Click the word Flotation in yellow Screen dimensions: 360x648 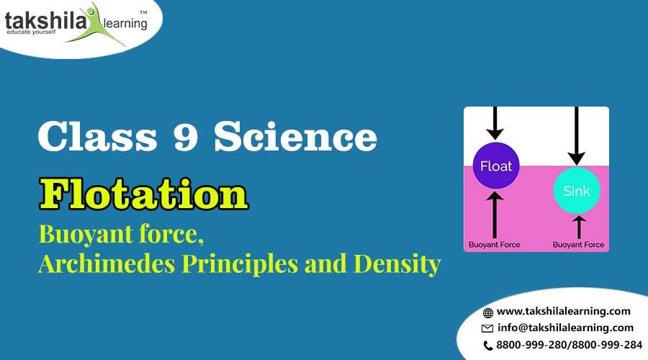(143, 196)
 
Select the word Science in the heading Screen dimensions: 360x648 (295, 137)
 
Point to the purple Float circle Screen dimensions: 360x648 (496, 167)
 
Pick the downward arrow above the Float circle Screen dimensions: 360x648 (495, 123)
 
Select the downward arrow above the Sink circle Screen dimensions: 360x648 (575, 137)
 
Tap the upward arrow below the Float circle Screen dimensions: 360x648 (495, 214)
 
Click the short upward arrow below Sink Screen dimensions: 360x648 (579, 226)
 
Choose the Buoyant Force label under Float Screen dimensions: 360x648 (495, 245)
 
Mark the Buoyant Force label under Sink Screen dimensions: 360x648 (578, 245)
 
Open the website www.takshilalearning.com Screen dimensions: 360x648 (564, 311)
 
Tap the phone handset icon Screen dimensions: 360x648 (488, 345)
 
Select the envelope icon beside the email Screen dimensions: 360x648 (488, 328)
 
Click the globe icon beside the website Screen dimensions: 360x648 (488, 312)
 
